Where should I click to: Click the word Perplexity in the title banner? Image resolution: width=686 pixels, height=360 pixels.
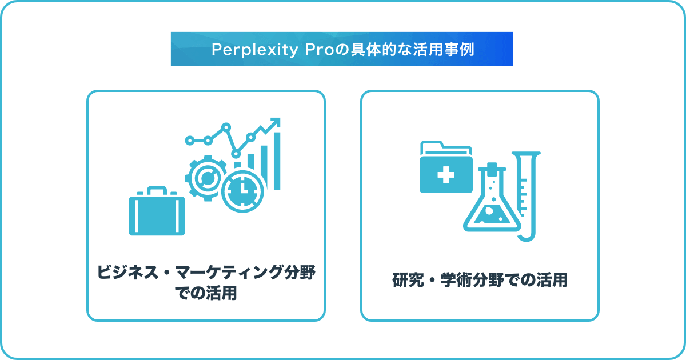254,50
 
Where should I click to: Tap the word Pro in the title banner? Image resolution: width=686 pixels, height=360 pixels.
320,50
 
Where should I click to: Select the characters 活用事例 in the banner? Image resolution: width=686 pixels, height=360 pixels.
444,50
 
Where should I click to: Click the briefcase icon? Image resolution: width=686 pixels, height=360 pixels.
157,211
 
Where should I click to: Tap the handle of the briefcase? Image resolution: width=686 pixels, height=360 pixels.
157,190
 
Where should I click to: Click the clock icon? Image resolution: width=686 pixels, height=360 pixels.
242,191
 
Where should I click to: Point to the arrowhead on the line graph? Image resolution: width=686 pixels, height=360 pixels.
275,122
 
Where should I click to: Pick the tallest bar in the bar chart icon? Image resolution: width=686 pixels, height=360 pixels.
277,161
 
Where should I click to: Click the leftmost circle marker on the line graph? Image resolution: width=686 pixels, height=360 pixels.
190,141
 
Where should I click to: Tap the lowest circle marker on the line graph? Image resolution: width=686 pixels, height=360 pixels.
236,154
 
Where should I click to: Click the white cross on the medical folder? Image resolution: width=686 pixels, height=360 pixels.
446,175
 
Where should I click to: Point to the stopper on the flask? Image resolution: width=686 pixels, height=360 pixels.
492,167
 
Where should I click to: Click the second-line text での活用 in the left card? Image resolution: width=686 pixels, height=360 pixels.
206,293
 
